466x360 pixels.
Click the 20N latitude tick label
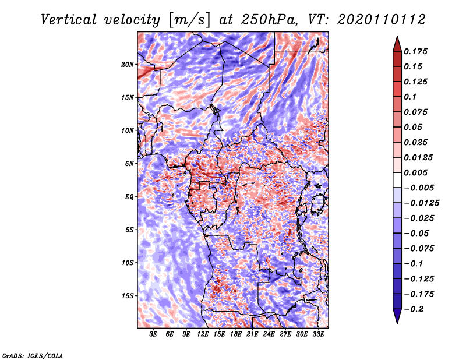128,65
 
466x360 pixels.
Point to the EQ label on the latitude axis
129,197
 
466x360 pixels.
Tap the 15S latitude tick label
128,296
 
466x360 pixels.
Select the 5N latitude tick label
129,164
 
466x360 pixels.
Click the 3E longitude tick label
153,334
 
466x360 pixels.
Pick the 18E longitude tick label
236,334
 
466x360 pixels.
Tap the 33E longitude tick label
318,334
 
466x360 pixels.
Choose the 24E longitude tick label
269,334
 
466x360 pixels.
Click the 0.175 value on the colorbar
415,51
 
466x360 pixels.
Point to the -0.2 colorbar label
414,309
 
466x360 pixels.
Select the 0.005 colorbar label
415,172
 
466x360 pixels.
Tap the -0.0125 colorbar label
421,203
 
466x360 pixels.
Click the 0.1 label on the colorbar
410,97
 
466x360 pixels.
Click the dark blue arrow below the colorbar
397,316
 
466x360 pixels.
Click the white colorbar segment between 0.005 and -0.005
397,180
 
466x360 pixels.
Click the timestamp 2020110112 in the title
382,20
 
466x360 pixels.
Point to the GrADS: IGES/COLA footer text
33,355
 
